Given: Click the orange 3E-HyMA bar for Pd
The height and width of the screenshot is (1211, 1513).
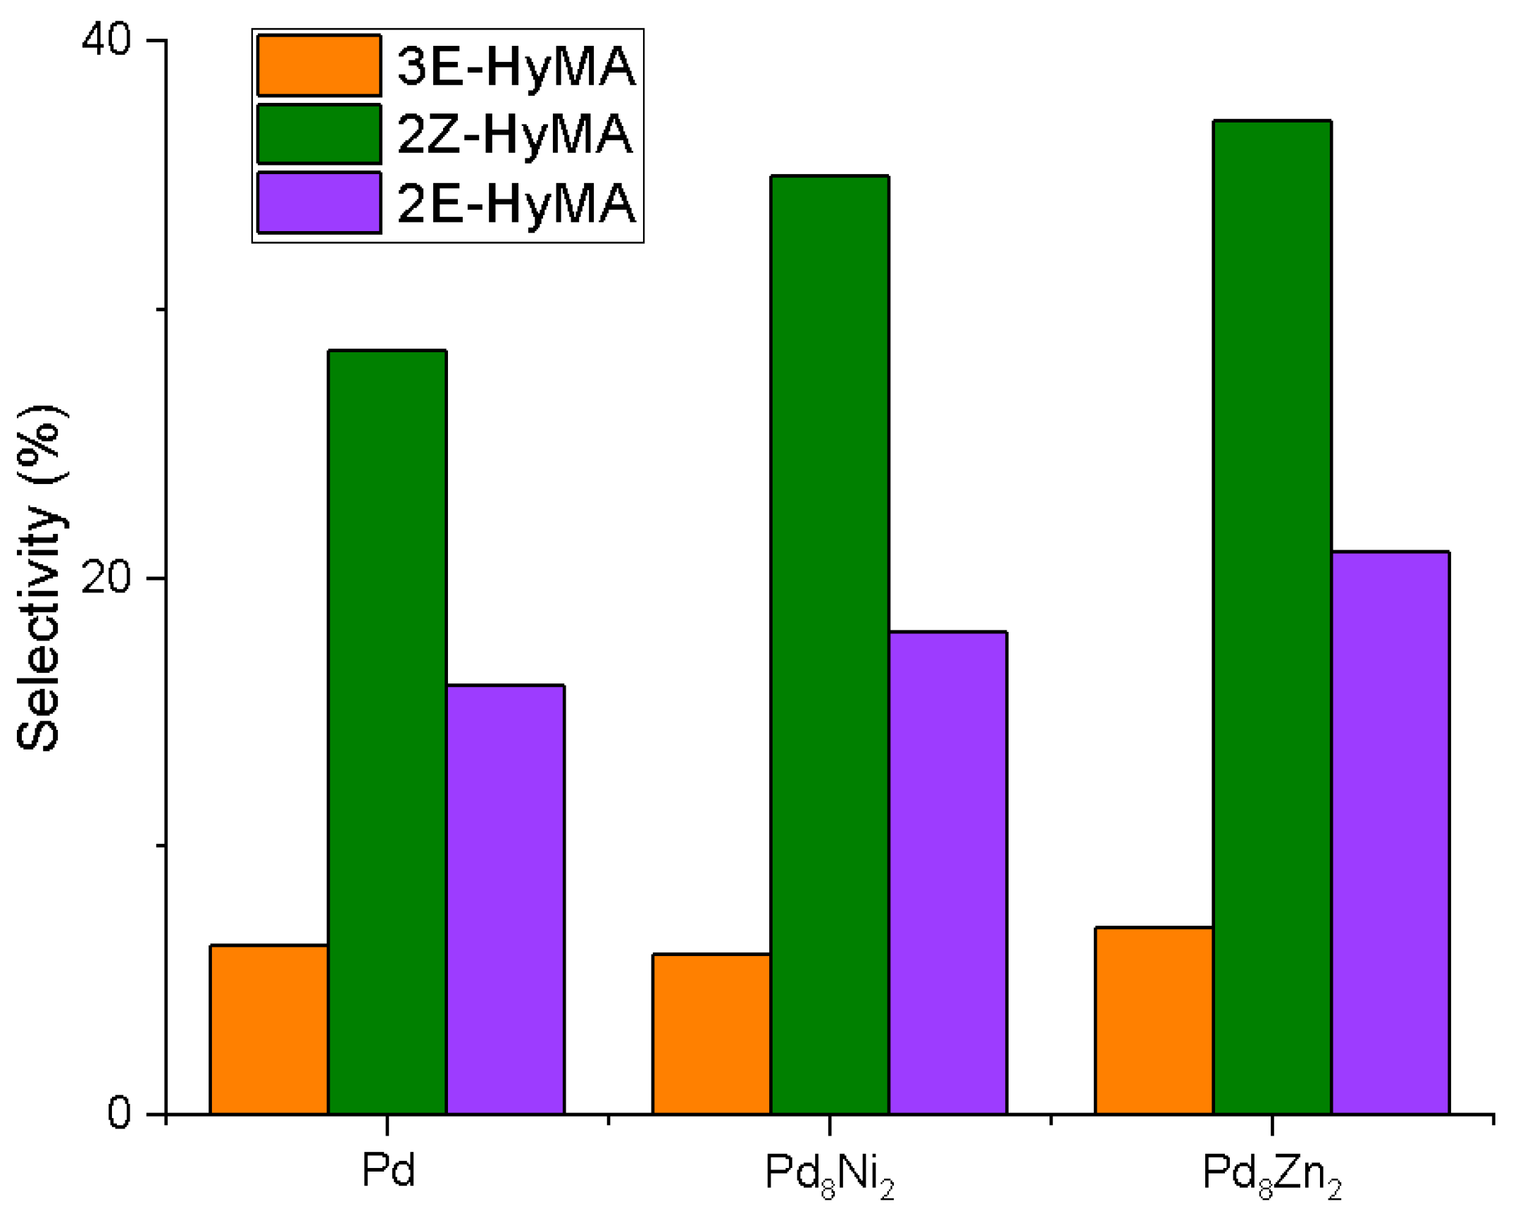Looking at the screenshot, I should pos(269,1029).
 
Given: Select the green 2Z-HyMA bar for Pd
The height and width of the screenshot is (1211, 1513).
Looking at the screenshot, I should pos(387,733).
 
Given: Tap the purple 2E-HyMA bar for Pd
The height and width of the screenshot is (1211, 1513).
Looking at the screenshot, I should pos(506,899).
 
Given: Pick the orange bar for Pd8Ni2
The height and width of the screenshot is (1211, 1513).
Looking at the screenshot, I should pos(711,1033).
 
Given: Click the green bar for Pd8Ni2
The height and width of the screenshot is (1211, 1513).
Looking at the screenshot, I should pos(830,645).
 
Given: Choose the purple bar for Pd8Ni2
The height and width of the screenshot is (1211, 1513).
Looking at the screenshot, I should pos(948,873).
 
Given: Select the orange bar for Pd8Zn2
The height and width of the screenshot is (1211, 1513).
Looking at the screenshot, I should pos(1154,1020).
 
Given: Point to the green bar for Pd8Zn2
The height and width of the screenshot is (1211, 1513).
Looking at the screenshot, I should pos(1272,617).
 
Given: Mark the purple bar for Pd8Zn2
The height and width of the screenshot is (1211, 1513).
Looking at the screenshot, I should pos(1390,833).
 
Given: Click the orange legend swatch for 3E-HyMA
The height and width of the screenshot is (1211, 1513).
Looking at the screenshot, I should pos(319,66).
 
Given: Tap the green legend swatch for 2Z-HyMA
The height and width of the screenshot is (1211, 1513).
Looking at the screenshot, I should pos(319,134).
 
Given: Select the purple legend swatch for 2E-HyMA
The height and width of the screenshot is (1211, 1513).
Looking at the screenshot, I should pos(319,202).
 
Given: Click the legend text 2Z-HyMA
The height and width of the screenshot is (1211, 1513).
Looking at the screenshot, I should pos(515,134).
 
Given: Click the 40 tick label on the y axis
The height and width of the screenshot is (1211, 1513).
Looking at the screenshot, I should pos(106,39).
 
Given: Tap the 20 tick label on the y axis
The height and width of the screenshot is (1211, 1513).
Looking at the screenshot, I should pos(106,578).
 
